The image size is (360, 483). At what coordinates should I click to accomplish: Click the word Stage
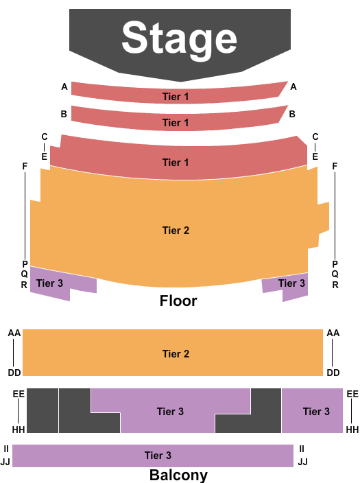179,39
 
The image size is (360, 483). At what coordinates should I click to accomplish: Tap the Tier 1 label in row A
176,97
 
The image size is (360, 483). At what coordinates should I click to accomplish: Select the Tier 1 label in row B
176,123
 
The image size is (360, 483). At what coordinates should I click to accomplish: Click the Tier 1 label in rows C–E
176,163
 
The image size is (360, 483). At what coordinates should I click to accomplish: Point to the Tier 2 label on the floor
176,230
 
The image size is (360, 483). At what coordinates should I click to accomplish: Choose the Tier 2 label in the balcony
176,353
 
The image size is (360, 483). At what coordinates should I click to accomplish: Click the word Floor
178,301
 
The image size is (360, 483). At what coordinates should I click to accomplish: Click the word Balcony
178,475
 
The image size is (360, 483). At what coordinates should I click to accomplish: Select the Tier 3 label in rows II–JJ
158,456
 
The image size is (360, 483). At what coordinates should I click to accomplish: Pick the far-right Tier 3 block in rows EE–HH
312,410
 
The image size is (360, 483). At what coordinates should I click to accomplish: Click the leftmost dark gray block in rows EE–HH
43,410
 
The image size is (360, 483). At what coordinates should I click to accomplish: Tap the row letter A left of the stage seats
64,87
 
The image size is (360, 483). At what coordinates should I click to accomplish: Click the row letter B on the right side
292,114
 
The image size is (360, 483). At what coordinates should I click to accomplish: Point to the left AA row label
14,333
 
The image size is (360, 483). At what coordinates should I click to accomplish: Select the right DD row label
333,373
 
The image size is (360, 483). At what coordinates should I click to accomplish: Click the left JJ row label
5,462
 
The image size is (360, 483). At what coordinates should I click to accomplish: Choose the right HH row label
352,429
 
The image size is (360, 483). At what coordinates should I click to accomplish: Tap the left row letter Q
24,274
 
